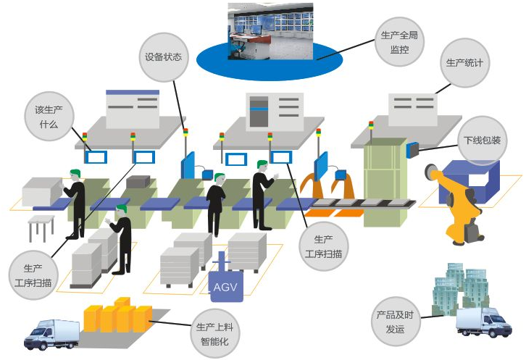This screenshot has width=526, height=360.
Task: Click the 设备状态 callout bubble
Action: (x=163, y=56)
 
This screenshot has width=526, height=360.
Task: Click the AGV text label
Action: (x=224, y=288)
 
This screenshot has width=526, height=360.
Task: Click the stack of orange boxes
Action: (x=119, y=317)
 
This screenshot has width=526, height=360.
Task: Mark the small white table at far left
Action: (x=41, y=226)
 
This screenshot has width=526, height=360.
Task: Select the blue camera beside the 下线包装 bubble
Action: (x=413, y=150)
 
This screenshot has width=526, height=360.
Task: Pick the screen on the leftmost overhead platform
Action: (x=133, y=108)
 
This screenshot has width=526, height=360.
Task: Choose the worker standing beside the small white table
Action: (x=74, y=203)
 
